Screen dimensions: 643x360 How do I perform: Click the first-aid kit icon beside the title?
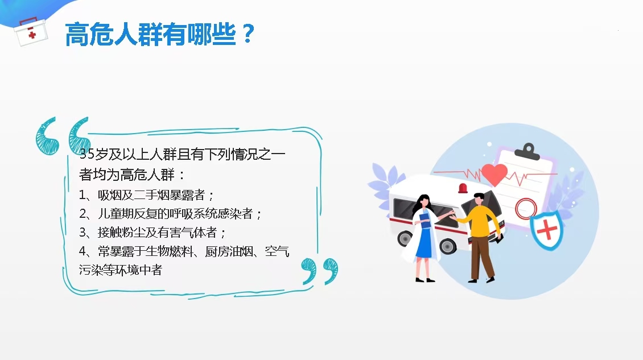pyautogui.click(x=31, y=32)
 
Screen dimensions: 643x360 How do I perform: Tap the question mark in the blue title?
pyautogui.click(x=248, y=34)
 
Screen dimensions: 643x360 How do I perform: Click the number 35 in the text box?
pyautogui.click(x=87, y=154)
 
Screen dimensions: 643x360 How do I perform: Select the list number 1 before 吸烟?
pyautogui.click(x=83, y=195)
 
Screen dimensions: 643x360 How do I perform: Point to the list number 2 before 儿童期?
pyautogui.click(x=83, y=214)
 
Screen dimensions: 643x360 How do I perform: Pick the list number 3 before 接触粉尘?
pyautogui.click(x=83, y=233)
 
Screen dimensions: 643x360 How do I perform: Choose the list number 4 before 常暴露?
pyautogui.click(x=83, y=251)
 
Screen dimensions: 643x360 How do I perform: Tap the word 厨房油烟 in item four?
pyautogui.click(x=229, y=251)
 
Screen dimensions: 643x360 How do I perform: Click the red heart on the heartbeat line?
pyautogui.click(x=494, y=174)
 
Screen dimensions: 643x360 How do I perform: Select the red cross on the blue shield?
pyautogui.click(x=547, y=230)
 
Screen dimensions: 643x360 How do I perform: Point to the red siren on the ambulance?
pyautogui.click(x=463, y=188)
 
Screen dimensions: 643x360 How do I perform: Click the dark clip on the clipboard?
pyautogui.click(x=527, y=152)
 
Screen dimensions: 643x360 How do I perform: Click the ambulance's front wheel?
pyautogui.click(x=447, y=246)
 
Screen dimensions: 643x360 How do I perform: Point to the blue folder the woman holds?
pyautogui.click(x=424, y=222)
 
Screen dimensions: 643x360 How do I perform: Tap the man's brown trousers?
pyautogui.click(x=482, y=258)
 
